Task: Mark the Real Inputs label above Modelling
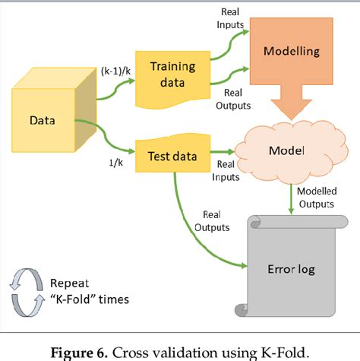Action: point(232,18)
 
